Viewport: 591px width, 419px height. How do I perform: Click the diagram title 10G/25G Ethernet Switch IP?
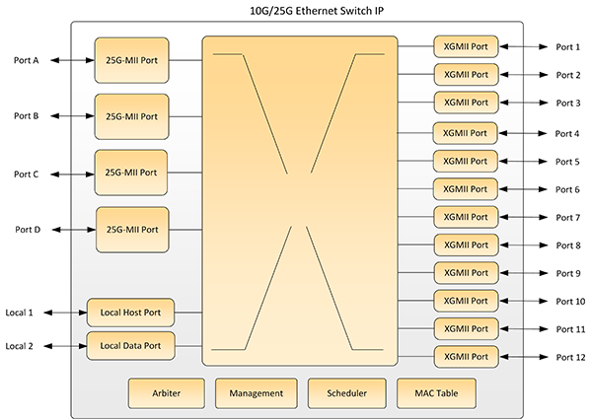[x=317, y=11]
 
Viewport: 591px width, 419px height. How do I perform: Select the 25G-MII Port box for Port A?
[x=131, y=60]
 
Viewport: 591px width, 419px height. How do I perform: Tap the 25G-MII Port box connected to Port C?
[x=131, y=173]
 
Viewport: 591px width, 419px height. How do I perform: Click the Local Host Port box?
[x=130, y=313]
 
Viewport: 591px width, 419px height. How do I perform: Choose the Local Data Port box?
[x=130, y=346]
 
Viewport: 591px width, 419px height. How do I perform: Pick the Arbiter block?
[x=166, y=393]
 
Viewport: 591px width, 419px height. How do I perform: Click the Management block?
[x=257, y=393]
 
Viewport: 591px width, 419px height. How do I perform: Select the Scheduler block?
[x=346, y=393]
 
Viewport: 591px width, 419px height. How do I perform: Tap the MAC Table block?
[x=436, y=393]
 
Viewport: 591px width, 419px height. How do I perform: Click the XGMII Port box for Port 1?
[x=466, y=46]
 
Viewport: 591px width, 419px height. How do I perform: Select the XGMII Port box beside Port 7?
[x=466, y=217]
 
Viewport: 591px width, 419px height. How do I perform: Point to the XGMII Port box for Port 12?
[x=467, y=357]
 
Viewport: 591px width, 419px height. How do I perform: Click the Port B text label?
[x=27, y=116]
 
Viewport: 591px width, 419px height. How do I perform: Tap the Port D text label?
[x=28, y=230]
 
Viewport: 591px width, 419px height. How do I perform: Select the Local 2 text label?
[x=19, y=346]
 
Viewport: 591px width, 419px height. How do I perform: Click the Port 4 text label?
[x=567, y=134]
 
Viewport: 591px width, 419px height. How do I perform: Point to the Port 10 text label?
[x=570, y=301]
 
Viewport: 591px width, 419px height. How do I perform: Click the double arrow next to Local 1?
[x=65, y=313]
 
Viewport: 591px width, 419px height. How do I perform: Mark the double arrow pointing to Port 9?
[x=524, y=273]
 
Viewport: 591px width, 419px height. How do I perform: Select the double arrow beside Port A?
[x=72, y=60]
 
